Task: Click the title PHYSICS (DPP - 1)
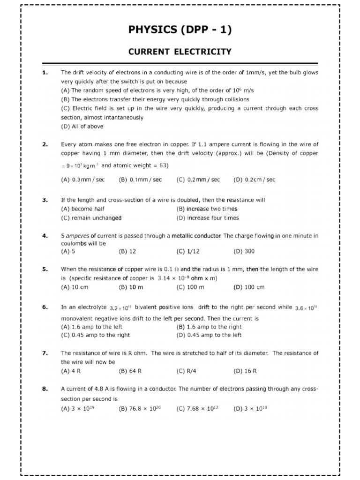[180, 30]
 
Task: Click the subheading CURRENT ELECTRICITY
[180, 52]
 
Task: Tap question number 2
[45, 145]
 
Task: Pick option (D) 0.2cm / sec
[254, 180]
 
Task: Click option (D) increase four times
[207, 218]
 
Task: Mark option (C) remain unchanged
[91, 218]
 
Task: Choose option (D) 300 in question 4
[244, 251]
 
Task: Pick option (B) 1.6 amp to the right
[209, 327]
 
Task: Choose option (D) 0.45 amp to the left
[209, 335]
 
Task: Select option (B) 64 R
[130, 371]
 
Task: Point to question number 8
[45, 389]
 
